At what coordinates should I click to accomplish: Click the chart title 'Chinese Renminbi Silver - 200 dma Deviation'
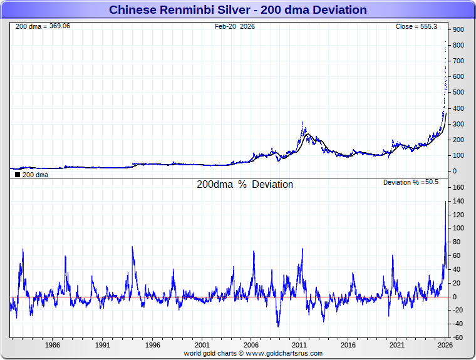[238, 10]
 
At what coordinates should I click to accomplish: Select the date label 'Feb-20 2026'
[235, 26]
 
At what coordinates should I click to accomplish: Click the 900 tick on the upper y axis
[458, 29]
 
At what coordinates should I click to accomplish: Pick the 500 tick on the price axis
[458, 93]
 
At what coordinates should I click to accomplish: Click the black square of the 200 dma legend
[17, 175]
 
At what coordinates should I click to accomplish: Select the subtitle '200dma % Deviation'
[245, 185]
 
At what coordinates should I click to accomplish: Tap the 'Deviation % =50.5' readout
[411, 182]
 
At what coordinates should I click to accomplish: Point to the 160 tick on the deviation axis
[458, 187]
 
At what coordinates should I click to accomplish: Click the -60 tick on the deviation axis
[458, 337]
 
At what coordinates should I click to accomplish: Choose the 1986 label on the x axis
[53, 345]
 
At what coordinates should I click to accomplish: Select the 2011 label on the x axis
[299, 345]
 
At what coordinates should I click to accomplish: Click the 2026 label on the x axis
[445, 345]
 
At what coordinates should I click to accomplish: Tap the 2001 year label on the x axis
[201, 345]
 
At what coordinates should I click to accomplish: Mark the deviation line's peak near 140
[446, 201]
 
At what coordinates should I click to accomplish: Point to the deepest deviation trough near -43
[278, 326]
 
